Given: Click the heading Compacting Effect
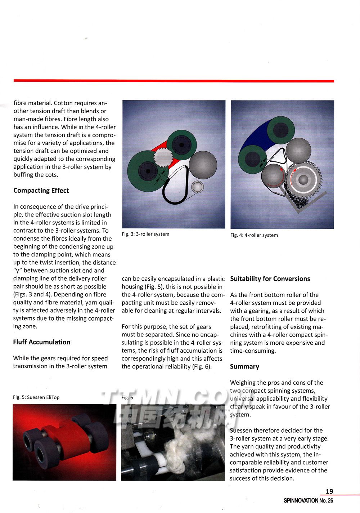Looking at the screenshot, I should point(41,191).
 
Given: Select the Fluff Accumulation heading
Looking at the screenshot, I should point(42,342).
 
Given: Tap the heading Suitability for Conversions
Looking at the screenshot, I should point(270,279).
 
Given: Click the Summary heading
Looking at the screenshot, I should point(244,367).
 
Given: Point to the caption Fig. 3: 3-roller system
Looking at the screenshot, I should point(145,234).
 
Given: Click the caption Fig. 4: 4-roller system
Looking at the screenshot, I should point(254,235).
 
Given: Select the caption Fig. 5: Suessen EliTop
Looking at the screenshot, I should point(36,397).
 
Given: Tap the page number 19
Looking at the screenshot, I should point(329,491).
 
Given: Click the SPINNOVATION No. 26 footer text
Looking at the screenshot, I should point(309,501).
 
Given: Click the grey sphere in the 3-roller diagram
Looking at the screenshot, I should point(203,165).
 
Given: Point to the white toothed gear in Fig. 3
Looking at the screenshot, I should point(164,158).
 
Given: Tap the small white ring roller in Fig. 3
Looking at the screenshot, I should point(197,187).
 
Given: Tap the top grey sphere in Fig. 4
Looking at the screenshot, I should point(298,150).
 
